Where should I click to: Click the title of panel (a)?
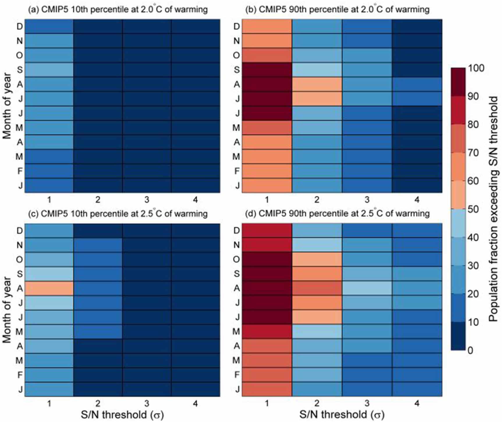tap(118, 10)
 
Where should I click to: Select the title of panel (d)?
tap(338, 214)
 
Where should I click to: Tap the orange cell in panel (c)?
tap(49, 288)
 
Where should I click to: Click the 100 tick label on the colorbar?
tap(476, 68)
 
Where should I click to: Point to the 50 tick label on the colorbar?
tap(473, 209)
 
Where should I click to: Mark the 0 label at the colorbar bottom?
tap(470, 350)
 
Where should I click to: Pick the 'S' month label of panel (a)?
tap(19, 70)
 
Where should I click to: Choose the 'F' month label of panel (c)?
tap(19, 375)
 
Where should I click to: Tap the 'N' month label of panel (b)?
tap(237, 41)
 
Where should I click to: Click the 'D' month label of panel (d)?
tap(237, 231)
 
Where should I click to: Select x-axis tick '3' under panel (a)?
tap(147, 200)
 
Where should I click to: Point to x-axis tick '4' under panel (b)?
tap(417, 200)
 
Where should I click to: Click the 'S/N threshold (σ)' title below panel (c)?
tap(122, 415)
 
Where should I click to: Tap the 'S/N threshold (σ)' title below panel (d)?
tap(342, 415)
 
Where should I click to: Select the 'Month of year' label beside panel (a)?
tap(7, 106)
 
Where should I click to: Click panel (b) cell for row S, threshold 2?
tap(317, 70)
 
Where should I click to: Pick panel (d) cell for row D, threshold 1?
tap(267, 231)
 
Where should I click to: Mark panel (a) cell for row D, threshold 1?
tap(49, 27)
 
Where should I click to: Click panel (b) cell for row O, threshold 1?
tap(267, 55)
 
